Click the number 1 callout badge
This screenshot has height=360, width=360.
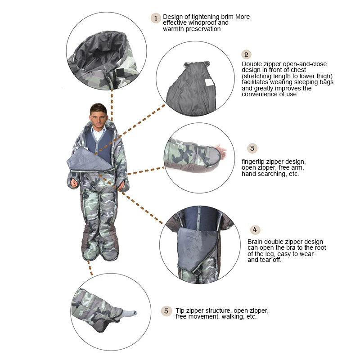(156, 18)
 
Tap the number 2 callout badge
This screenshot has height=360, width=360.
(246, 55)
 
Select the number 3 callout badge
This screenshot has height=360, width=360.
(252, 148)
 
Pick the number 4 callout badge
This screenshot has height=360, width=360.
(255, 230)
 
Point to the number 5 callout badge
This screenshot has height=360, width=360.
(166, 311)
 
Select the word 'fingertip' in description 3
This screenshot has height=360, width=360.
(254, 162)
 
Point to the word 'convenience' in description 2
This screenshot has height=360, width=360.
(261, 94)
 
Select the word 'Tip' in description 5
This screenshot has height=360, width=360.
(180, 311)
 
